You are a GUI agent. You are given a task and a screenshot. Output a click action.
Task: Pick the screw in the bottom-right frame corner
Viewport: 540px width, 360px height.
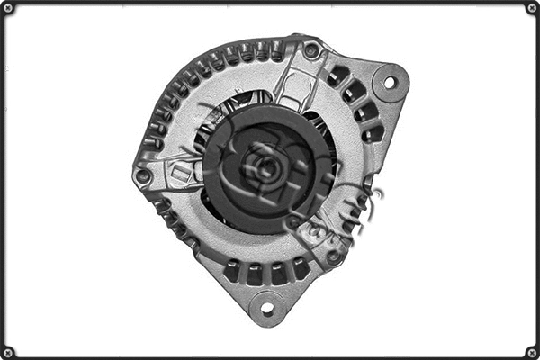click(531, 351)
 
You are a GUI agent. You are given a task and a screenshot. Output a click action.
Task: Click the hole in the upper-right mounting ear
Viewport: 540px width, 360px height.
click(390, 82)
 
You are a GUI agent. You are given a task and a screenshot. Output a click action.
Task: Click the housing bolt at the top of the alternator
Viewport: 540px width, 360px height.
click(310, 50)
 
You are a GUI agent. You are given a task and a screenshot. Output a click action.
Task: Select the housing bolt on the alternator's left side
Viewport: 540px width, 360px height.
click(143, 175)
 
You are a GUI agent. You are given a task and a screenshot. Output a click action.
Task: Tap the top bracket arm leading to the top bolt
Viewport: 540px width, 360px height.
click(292, 81)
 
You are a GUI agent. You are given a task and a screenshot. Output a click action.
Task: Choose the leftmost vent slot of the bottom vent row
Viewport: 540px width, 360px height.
click(233, 269)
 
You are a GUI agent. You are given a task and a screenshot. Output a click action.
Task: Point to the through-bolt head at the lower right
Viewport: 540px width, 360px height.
click(335, 255)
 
